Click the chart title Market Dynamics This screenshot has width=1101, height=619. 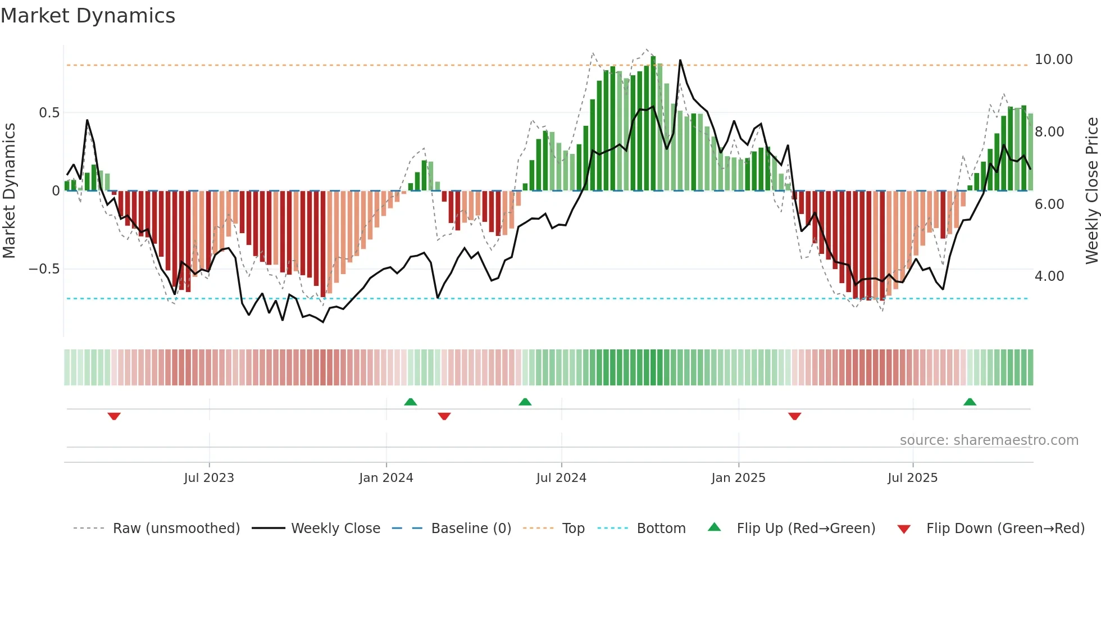88,16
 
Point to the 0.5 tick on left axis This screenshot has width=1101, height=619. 49,113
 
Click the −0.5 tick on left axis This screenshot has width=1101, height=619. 44,269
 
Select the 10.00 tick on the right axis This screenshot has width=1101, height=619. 1053,60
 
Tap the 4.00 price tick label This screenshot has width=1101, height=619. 1049,276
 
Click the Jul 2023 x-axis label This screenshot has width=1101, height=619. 209,478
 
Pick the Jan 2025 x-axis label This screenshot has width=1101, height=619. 738,478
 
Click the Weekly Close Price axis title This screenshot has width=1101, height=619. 1091,191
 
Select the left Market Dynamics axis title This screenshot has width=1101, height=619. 9,191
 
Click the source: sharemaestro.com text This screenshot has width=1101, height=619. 989,440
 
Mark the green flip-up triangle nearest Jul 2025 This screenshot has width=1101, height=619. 970,402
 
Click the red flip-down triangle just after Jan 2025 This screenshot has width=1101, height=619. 794,416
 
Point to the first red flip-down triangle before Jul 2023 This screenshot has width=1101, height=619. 114,416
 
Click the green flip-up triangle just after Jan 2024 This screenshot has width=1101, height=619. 411,402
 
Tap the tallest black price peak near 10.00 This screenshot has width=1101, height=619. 680,61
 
